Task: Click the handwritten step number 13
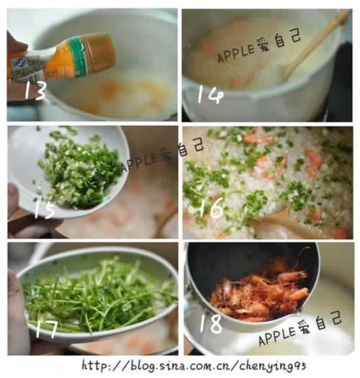(x=35, y=90)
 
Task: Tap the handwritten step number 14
(x=210, y=94)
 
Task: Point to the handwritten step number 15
(x=44, y=210)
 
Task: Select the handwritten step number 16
(x=210, y=209)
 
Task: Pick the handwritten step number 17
(x=47, y=328)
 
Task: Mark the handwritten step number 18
(x=210, y=323)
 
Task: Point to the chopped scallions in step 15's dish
(x=80, y=168)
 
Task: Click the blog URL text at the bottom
(x=194, y=366)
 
